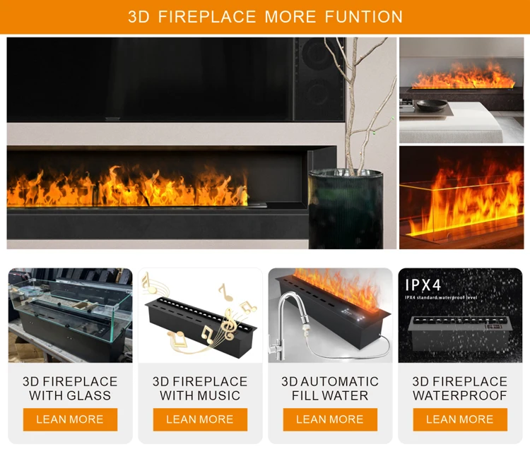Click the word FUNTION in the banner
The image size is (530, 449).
364,17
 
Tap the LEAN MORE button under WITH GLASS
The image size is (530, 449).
70,419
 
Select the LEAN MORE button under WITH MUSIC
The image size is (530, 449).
200,419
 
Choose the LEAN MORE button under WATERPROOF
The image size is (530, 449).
460,419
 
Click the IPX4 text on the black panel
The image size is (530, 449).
423,285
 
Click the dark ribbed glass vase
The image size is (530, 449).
346,209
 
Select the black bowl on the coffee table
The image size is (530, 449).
431,105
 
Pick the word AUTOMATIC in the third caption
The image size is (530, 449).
339,381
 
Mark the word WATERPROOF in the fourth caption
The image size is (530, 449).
460,395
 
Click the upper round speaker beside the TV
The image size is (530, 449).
317,54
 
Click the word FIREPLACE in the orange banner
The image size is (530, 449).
207,17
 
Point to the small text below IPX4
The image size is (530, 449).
441,297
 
